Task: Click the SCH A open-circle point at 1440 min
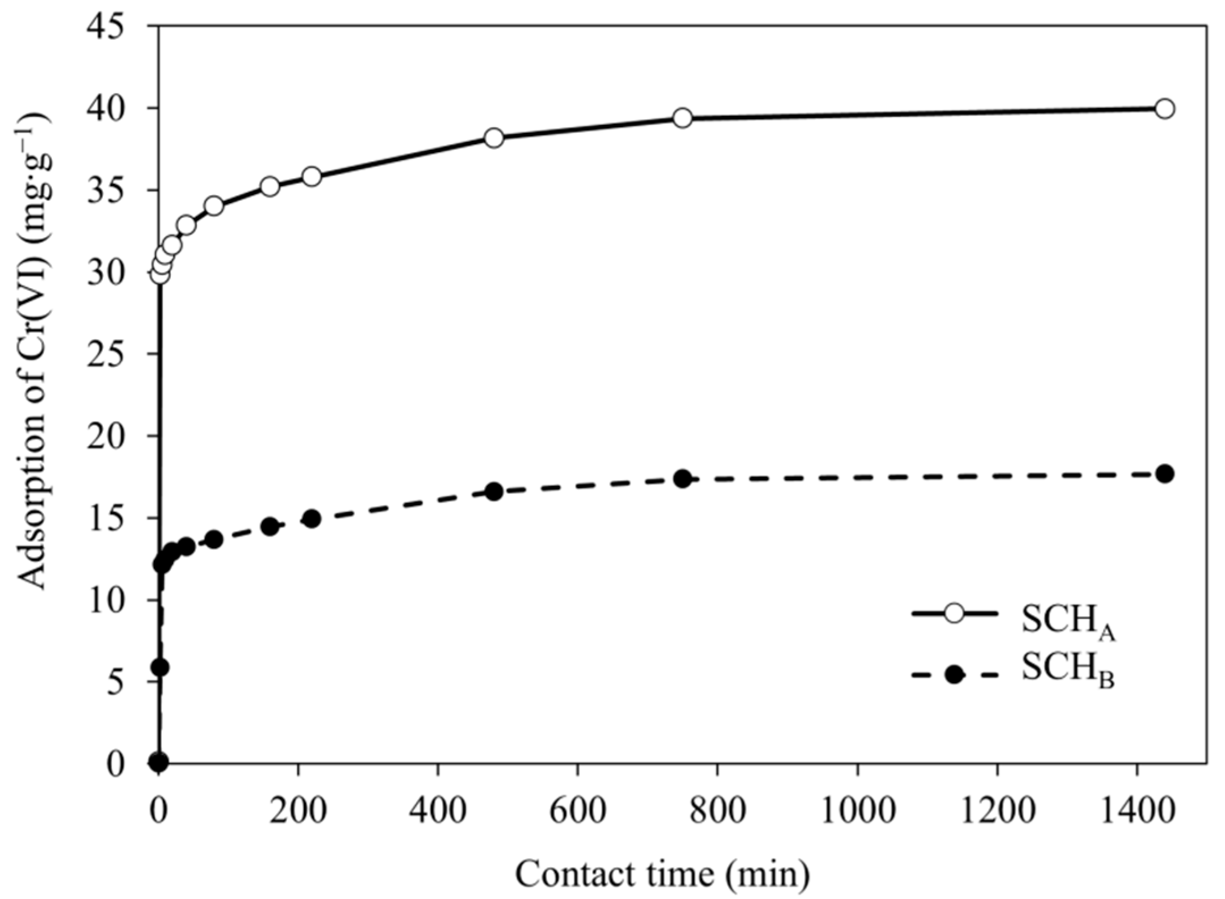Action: click(x=1164, y=108)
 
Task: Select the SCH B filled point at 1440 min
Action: click(x=1164, y=474)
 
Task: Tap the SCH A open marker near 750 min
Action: click(x=683, y=118)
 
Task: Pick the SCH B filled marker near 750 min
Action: click(x=683, y=479)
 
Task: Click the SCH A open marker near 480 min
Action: click(x=494, y=138)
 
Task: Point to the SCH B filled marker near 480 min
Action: click(x=494, y=491)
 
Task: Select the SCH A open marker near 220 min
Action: click(x=312, y=177)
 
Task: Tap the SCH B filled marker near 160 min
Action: click(x=270, y=526)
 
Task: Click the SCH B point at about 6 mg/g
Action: click(x=161, y=667)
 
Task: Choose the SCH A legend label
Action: click(x=1068, y=622)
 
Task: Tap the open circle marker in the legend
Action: click(x=955, y=614)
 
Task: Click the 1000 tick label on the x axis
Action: click(x=857, y=812)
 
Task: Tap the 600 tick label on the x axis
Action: click(x=577, y=812)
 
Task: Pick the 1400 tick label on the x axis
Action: click(x=1136, y=812)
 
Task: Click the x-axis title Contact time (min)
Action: click(x=662, y=874)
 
